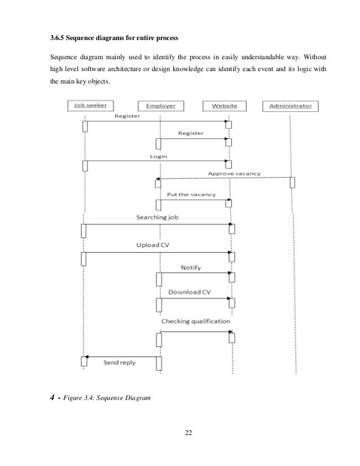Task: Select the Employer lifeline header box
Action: pos(161,105)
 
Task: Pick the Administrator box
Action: pos(291,105)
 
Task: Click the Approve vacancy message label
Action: pos(234,174)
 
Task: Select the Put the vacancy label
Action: pos(191,195)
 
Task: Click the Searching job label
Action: pos(157,217)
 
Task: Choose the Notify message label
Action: pos(191,267)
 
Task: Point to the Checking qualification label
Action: pos(195,321)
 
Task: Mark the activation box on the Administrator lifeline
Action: pos(292,183)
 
